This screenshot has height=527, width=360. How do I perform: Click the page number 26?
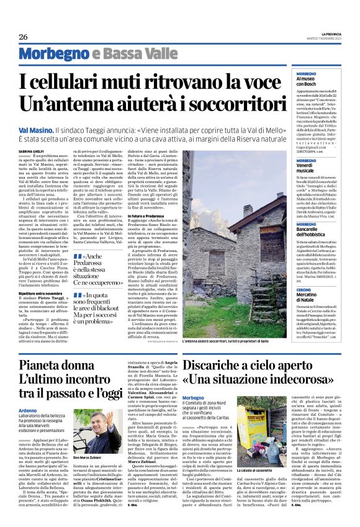23,37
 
